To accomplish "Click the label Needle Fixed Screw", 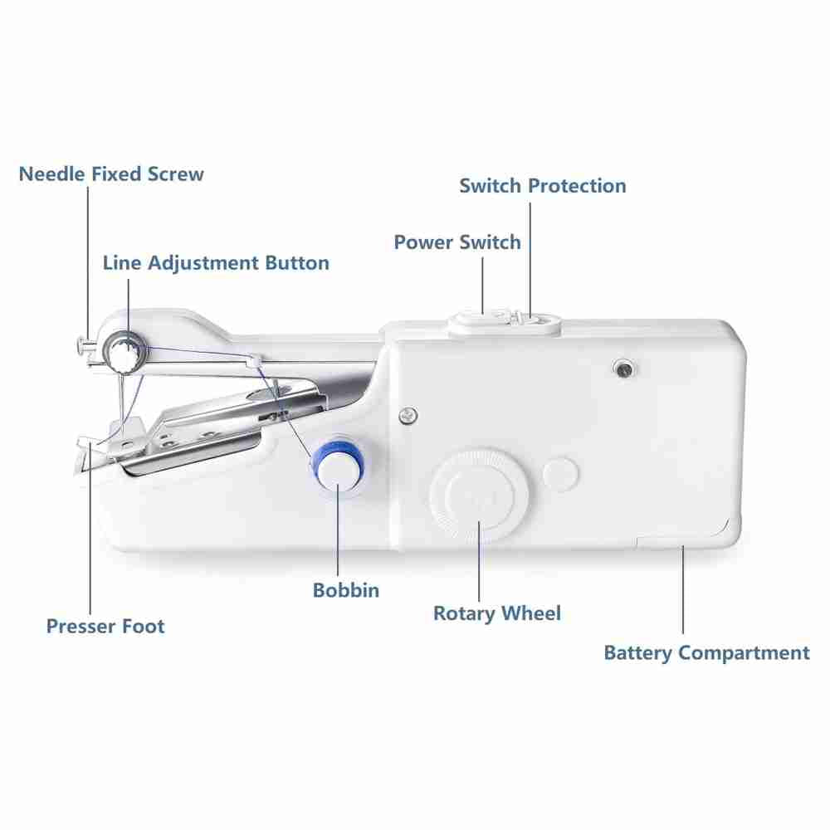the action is tap(111, 174).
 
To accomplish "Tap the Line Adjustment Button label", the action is tap(216, 263).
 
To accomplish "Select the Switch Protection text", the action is tap(543, 186).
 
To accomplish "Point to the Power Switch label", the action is tap(457, 242).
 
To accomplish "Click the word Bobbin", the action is tap(346, 590).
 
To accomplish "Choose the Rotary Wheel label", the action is tap(497, 613).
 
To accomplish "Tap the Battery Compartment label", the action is tap(706, 653).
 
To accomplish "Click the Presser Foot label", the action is tap(105, 626).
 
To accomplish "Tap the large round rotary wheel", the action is tap(479, 496).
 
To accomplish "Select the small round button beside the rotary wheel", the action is tap(560, 474).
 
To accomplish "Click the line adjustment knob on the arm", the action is tap(126, 350).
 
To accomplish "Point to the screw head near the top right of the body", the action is tap(623, 369).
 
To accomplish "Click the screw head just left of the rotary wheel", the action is tap(408, 416).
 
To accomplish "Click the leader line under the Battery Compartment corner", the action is tap(683, 589).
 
